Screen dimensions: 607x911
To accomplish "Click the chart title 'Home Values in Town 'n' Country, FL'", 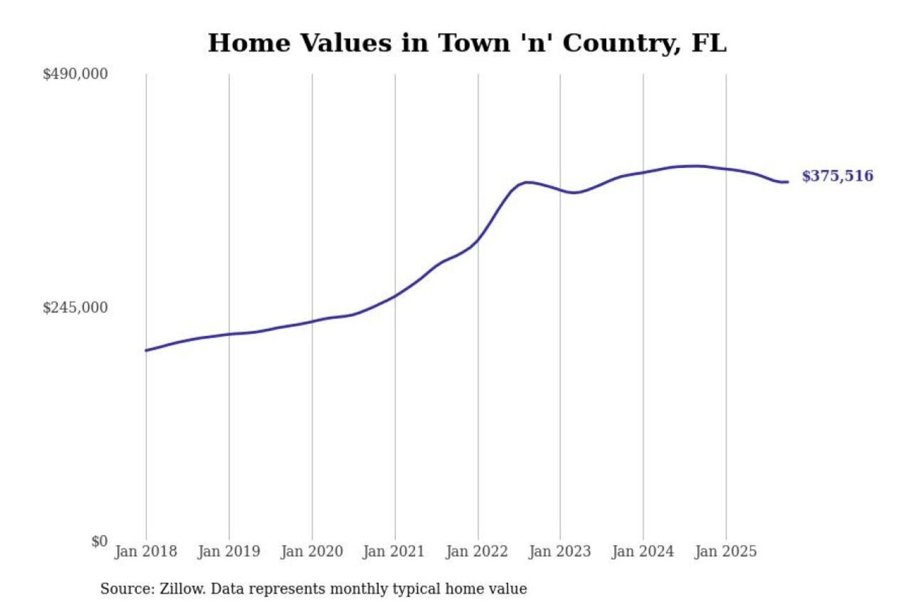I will [x=467, y=43].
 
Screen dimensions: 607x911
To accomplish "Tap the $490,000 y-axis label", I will [x=75, y=74].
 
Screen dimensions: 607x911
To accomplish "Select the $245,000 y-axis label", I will [x=75, y=308].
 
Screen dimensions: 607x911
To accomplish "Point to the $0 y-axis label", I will [x=99, y=541].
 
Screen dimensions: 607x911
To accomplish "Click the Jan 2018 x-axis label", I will [x=146, y=551].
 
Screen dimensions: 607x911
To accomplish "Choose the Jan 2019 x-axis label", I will [x=228, y=551].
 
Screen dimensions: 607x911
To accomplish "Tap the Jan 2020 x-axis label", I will [x=311, y=551].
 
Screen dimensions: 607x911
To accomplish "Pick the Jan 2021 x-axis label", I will [x=394, y=551].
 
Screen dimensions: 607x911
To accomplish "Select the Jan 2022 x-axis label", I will [x=476, y=551].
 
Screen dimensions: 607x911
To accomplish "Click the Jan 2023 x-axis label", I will [x=559, y=551].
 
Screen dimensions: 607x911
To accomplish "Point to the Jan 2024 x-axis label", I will [x=643, y=551].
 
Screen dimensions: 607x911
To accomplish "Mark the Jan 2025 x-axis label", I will [x=725, y=551].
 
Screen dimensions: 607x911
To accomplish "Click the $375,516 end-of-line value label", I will [x=837, y=176].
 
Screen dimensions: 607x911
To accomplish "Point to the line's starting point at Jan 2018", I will [x=146, y=350].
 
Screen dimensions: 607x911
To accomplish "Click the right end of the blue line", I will [x=787, y=182].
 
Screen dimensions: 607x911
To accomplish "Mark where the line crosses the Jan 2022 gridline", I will [x=478, y=239].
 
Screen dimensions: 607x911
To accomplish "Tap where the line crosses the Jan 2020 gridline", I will [x=312, y=321].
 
